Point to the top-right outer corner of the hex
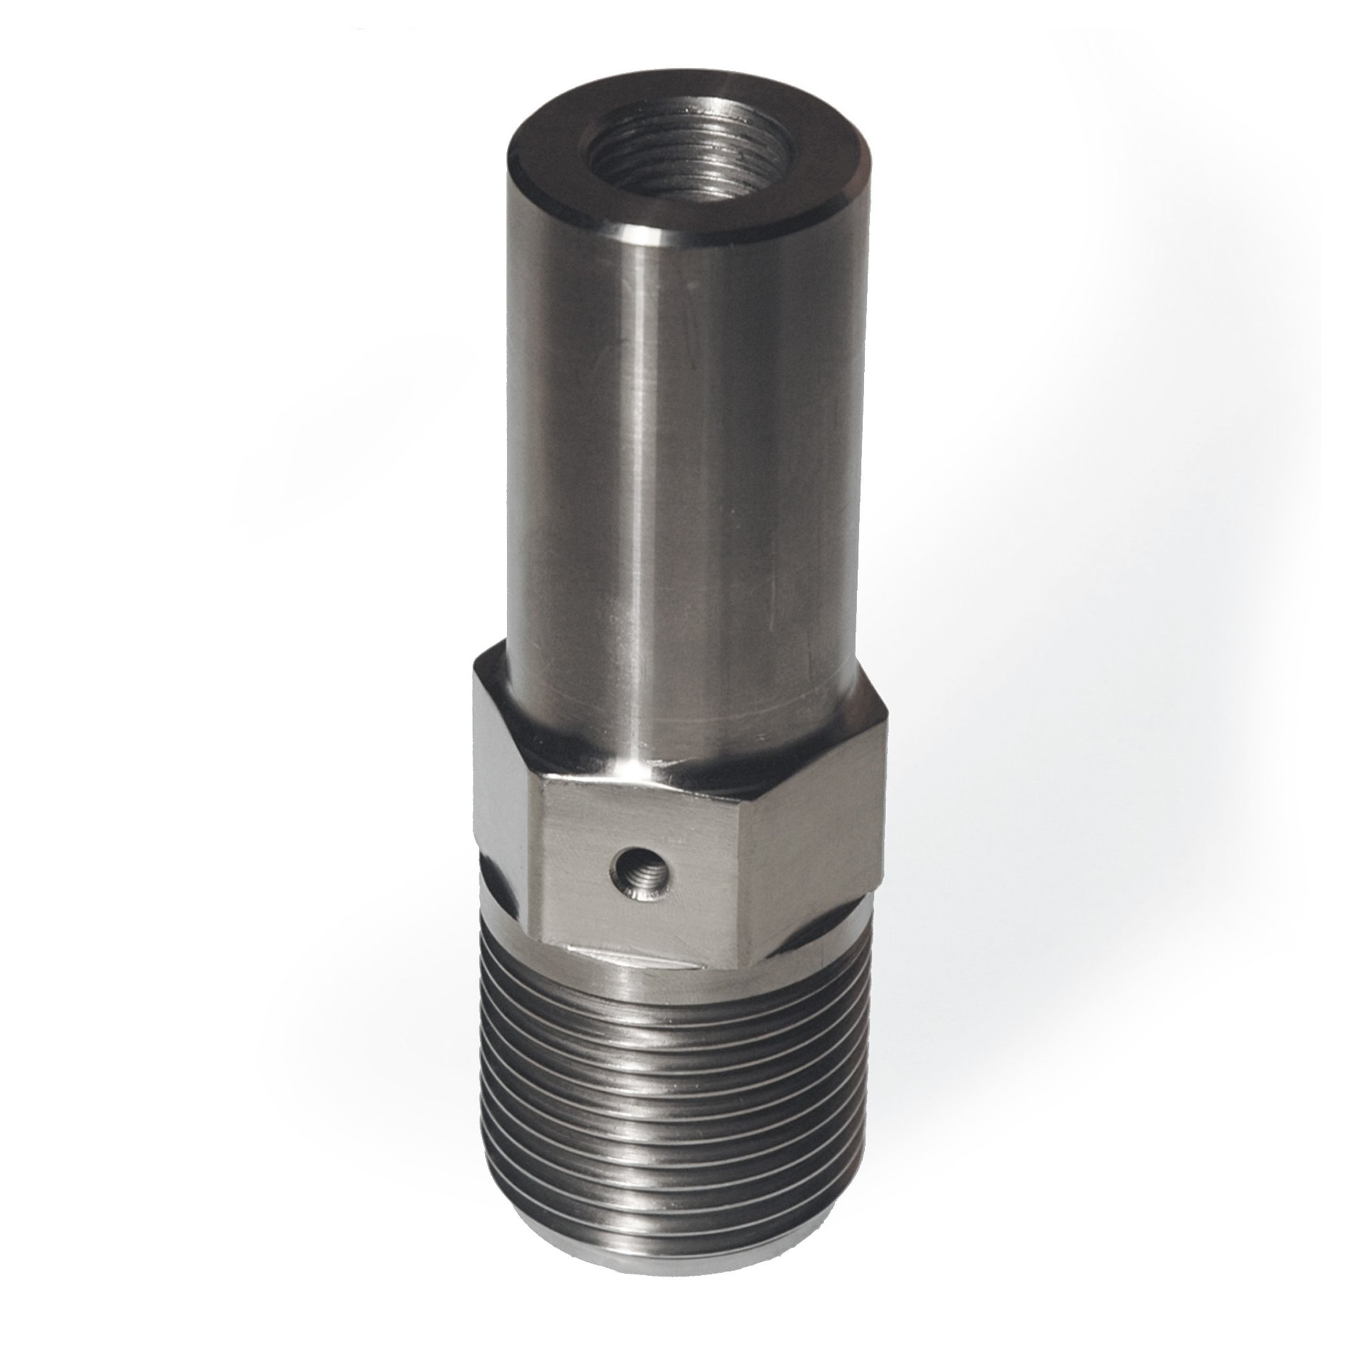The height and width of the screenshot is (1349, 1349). tap(887, 717)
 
